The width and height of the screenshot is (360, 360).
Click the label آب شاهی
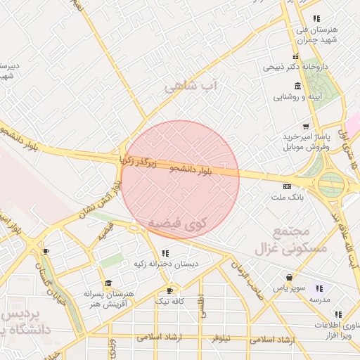[192, 86]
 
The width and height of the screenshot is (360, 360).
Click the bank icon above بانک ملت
[286, 186]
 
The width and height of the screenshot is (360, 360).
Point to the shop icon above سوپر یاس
[289, 278]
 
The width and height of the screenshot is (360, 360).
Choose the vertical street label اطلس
[202, 307]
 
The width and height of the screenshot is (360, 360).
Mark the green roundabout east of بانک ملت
[330, 185]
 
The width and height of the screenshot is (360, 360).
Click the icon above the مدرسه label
[320, 288]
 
